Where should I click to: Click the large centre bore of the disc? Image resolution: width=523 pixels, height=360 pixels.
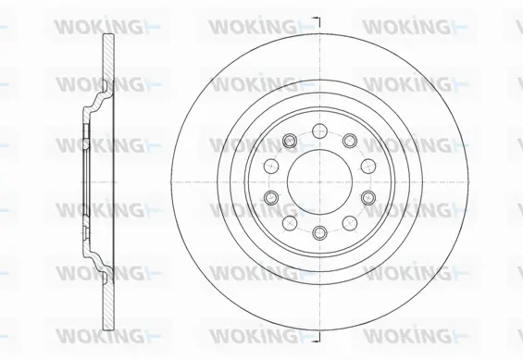click(318, 180)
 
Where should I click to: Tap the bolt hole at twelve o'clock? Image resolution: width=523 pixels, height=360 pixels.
click(318, 130)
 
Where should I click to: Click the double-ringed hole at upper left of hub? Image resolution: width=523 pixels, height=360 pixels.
click(289, 141)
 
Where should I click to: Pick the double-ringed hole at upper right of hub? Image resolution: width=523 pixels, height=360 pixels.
click(349, 141)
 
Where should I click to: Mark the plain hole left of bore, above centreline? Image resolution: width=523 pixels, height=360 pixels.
click(271, 164)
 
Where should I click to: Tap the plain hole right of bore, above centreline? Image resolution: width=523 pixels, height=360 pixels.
click(367, 164)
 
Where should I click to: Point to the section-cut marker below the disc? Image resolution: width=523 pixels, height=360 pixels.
click(317, 342)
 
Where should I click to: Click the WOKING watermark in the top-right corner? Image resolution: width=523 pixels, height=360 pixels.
click(408, 26)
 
